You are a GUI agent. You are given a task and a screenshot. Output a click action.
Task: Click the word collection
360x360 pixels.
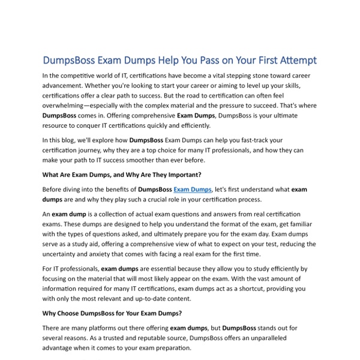[106, 214]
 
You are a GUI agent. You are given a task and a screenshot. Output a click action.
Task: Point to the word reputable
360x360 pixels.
[158, 338]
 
